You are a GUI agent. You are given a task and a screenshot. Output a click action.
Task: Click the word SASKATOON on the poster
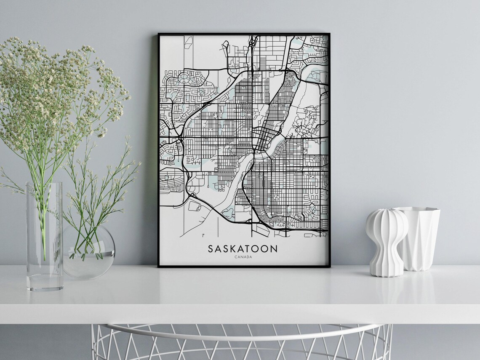tap(243, 248)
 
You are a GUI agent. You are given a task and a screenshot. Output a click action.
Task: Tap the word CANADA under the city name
tap(243, 257)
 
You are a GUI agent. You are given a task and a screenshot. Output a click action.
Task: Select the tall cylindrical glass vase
tap(44, 236)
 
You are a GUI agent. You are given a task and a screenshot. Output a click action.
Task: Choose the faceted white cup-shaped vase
tap(418, 238)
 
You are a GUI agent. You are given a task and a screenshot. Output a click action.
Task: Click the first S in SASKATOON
tap(211, 248)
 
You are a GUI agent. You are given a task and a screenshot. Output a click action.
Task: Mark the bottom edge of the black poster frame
tap(244, 266)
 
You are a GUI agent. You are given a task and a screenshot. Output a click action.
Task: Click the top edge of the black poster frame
tap(244, 34)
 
